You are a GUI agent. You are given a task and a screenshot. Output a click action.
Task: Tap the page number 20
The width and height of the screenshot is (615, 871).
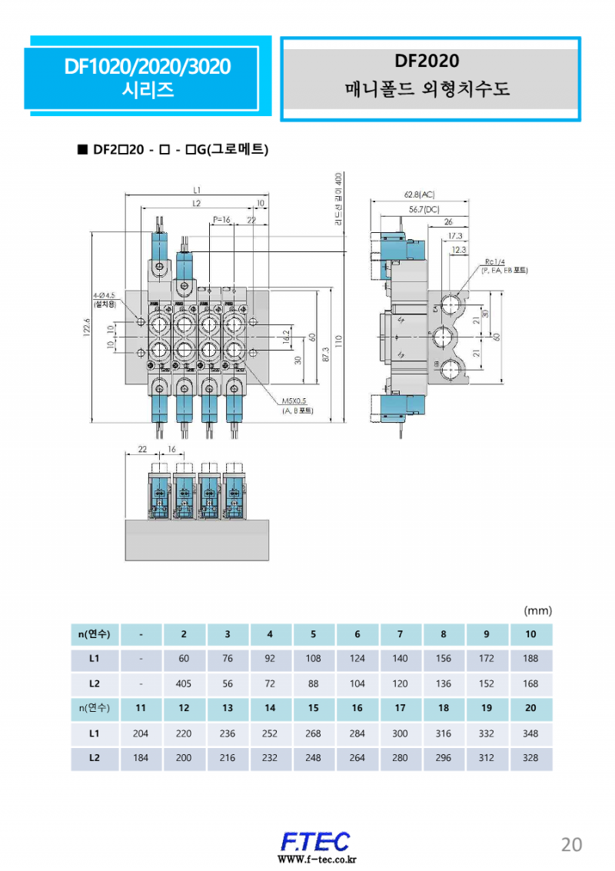click(x=571, y=844)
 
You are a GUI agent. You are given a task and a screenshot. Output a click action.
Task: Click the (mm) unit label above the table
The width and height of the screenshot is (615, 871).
click(x=537, y=611)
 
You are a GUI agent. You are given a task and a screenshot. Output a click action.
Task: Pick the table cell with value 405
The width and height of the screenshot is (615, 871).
click(x=184, y=683)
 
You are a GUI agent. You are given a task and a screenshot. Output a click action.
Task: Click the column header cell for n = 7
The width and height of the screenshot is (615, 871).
click(x=400, y=634)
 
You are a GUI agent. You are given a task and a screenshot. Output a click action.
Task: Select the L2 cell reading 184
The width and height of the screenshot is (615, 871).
click(x=141, y=758)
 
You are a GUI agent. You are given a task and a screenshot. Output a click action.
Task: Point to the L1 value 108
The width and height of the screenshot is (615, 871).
click(x=313, y=659)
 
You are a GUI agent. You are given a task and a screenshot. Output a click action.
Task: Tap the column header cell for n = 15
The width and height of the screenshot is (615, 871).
click(x=313, y=708)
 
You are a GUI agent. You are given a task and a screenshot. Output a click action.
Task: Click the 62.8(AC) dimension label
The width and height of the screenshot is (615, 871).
click(x=420, y=195)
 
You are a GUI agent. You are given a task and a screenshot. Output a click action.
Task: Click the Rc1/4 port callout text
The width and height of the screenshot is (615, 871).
click(x=494, y=261)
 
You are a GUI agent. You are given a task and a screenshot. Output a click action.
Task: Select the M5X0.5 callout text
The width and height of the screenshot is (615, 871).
click(x=294, y=401)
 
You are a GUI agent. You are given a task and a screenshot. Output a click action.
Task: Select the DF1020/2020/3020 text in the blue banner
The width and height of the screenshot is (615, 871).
click(x=148, y=67)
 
